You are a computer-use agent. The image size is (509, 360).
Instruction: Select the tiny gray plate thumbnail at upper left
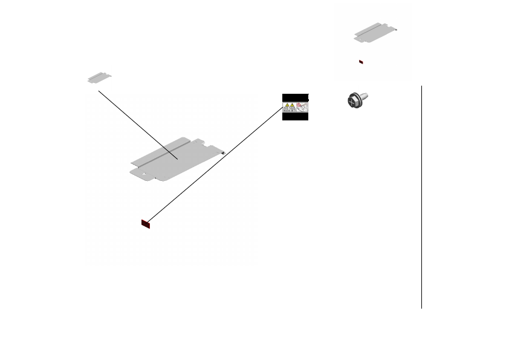pos(99,78)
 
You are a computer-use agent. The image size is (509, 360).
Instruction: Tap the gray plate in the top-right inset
pos(374,34)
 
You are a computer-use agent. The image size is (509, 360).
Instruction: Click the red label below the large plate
pos(145,224)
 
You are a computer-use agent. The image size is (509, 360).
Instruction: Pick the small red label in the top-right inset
pos(361,62)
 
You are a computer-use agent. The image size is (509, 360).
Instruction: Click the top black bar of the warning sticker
pos(295,97)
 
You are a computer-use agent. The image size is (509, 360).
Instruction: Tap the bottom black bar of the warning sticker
pos(295,117)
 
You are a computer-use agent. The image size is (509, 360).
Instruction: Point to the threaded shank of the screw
pos(365,97)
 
